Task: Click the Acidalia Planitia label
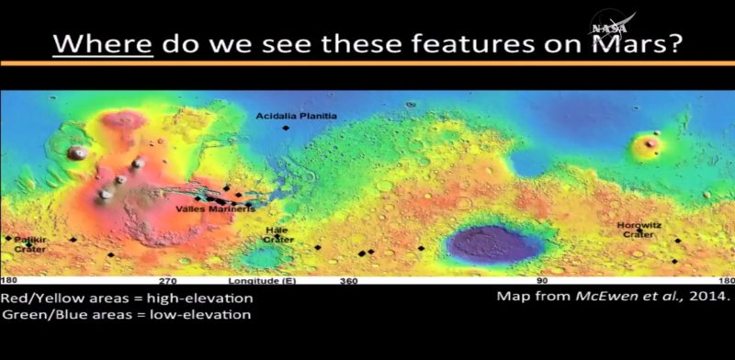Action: tap(297, 116)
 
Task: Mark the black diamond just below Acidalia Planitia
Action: tap(286, 128)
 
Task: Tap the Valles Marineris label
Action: tap(215, 209)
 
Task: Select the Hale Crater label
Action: tap(277, 234)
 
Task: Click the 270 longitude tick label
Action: tap(167, 280)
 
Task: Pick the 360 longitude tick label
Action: tap(348, 280)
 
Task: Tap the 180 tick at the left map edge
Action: tap(8, 280)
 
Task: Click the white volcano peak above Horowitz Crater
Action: tap(652, 142)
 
